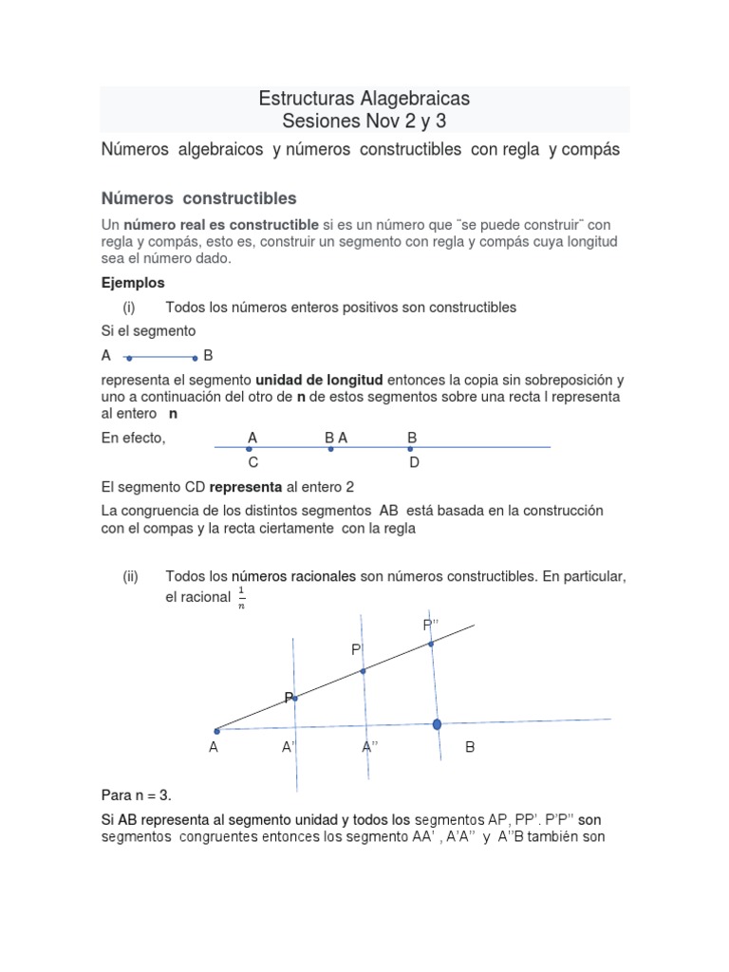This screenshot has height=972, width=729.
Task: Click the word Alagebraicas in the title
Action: [x=415, y=99]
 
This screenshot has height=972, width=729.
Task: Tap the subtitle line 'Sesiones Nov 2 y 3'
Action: [x=364, y=121]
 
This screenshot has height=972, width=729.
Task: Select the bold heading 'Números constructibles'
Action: [x=198, y=198]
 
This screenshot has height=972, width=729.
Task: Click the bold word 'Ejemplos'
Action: [x=133, y=283]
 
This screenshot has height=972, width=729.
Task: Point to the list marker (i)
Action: [x=130, y=307]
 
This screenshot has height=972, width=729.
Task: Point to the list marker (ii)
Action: [x=131, y=576]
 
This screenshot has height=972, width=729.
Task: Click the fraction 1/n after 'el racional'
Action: [x=241, y=598]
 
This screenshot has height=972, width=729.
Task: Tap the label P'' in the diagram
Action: [x=432, y=624]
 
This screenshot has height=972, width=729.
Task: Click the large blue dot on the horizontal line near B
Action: [x=437, y=725]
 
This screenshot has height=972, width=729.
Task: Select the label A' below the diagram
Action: [x=290, y=748]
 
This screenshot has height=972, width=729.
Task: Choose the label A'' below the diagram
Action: [x=370, y=748]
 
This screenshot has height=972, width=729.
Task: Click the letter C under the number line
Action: [x=253, y=462]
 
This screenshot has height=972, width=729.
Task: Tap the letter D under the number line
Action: [x=414, y=462]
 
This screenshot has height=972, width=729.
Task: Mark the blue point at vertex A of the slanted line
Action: [x=216, y=731]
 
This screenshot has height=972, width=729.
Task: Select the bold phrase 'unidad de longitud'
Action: [x=314, y=380]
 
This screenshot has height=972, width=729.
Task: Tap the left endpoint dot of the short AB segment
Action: [x=128, y=359]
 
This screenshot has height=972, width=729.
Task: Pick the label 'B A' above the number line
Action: [x=336, y=438]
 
